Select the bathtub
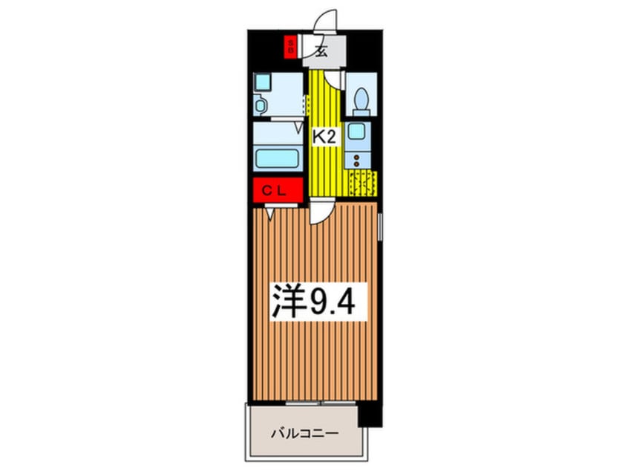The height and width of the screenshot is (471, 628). pyautogui.click(x=278, y=158)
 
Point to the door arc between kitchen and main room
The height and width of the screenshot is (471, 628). pyautogui.click(x=319, y=214)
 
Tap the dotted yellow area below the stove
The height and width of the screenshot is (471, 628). pyautogui.click(x=363, y=183)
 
